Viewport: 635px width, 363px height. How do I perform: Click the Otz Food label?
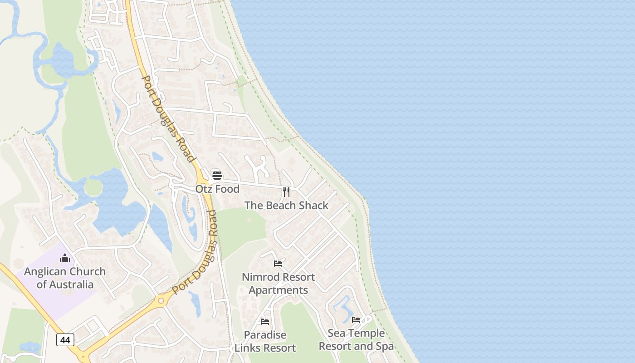(x=217, y=189)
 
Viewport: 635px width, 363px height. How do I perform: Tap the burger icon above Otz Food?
(x=217, y=176)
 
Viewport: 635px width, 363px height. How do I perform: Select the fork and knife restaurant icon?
(x=286, y=191)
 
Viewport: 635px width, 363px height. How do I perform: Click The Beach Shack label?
(x=286, y=206)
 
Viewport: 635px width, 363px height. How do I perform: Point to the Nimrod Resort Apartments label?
(x=278, y=283)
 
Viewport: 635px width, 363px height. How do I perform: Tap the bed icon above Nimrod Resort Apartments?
(x=278, y=263)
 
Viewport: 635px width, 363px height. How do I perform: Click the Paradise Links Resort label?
(x=265, y=341)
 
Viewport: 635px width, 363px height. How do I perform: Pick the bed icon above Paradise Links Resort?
(x=265, y=321)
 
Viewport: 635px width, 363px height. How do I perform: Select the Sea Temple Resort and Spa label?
(x=356, y=339)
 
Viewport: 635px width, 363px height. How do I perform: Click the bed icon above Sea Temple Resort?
(x=356, y=319)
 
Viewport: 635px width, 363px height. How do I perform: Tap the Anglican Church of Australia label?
(x=65, y=278)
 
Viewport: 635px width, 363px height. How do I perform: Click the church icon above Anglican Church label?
(x=65, y=258)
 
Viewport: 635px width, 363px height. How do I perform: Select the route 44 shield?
(x=65, y=339)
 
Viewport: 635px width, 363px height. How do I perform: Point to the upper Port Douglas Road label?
(x=168, y=119)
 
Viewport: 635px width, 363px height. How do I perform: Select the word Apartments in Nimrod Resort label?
(x=278, y=290)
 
